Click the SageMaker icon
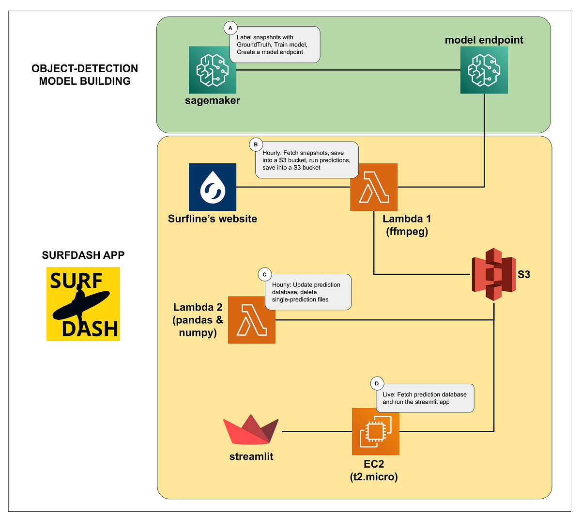tap(213, 70)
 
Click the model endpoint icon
tap(484, 70)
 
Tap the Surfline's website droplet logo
tap(213, 187)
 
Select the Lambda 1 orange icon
tap(374, 187)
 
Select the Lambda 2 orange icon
tap(252, 320)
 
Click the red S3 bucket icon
tap(494, 274)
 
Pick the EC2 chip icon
tap(375, 431)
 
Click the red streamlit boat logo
tap(251, 430)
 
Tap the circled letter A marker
tap(230, 29)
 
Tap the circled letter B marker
tap(256, 144)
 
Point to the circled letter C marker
tap(264, 275)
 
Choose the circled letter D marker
tap(377, 384)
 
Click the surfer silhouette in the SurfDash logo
tap(80, 305)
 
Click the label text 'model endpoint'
tap(484, 40)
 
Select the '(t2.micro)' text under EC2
tap(374, 477)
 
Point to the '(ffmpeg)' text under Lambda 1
tap(407, 231)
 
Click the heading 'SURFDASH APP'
tap(83, 255)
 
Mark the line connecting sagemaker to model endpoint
tap(349, 70)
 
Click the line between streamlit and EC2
tap(317, 431)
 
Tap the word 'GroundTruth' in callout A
tap(254, 45)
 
